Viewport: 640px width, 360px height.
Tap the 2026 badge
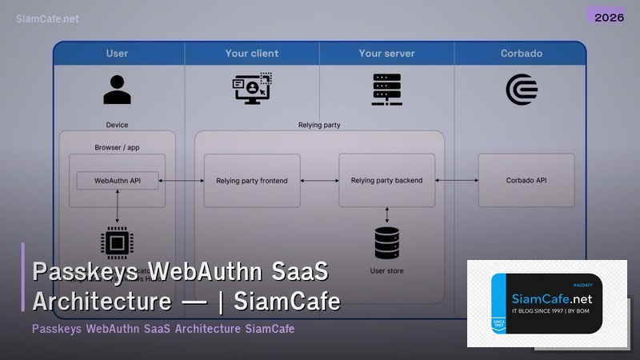point(606,16)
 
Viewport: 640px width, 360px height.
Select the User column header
point(117,54)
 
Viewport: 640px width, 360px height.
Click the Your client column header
point(252,54)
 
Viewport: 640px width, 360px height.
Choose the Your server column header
point(386,54)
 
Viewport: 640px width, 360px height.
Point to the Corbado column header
point(522,54)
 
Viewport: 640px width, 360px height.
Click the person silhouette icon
point(118,89)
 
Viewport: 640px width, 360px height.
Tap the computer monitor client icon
point(252,90)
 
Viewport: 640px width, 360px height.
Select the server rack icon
point(386,90)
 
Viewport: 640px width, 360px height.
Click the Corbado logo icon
point(522,90)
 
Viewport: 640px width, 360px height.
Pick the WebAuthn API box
point(118,181)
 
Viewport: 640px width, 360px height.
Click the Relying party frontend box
point(252,181)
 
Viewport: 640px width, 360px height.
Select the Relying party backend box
point(386,181)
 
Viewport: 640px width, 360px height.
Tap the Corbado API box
point(526,181)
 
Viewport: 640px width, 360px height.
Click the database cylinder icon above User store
point(386,242)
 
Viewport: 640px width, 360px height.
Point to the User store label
point(386,271)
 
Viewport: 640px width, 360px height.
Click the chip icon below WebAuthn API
point(118,243)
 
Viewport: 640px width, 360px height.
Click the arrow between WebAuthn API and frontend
point(182,181)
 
